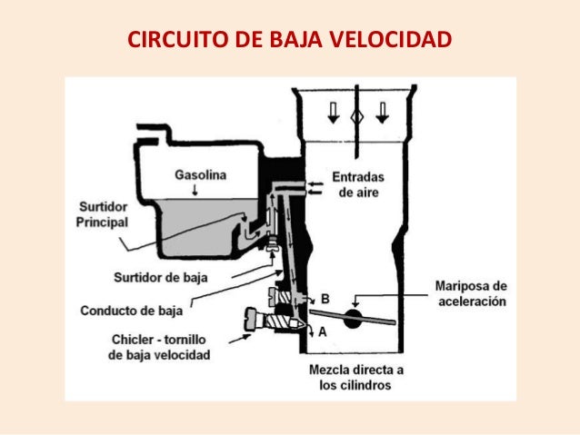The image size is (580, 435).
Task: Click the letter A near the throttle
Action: [x=322, y=333]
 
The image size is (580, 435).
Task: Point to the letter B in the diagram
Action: [x=325, y=298]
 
